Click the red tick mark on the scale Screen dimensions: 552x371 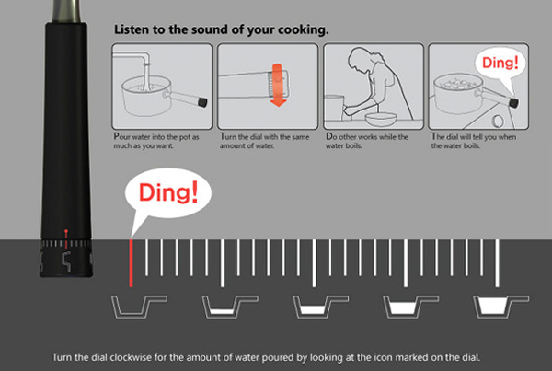tap(131, 263)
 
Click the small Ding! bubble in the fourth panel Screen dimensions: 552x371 tap(500, 64)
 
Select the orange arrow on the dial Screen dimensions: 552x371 tap(278, 85)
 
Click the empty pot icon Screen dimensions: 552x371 tap(139, 307)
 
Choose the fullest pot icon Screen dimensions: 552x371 tap(500, 307)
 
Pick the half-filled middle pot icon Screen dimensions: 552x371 tap(320, 307)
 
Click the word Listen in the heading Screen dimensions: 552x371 tap(132, 29)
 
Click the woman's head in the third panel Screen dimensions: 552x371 tap(359, 58)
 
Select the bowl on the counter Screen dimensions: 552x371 tap(381, 119)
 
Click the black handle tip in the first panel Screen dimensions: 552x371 tap(202, 102)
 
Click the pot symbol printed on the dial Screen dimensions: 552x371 tap(66, 261)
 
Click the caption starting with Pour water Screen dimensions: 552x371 tap(156, 141)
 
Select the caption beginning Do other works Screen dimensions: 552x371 tap(367, 141)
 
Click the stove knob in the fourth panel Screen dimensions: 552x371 tap(498, 121)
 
